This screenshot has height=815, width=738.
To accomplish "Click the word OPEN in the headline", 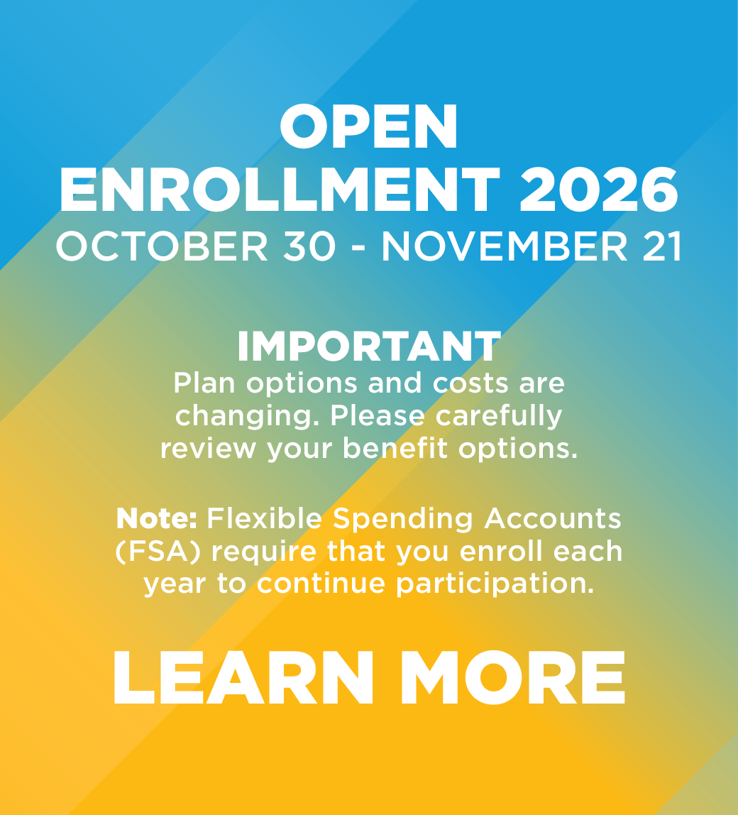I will (368, 127).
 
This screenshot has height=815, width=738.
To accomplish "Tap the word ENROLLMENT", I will (280, 190).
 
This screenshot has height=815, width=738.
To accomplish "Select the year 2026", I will (598, 190).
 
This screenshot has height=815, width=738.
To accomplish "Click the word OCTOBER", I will (163, 247).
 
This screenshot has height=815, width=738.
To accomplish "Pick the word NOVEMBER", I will (505, 247).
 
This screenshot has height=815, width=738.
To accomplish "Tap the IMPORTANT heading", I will (368, 347).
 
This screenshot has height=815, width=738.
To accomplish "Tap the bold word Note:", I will (157, 519).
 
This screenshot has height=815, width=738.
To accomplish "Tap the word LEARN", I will (242, 678).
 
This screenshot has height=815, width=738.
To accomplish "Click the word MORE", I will (512, 678).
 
